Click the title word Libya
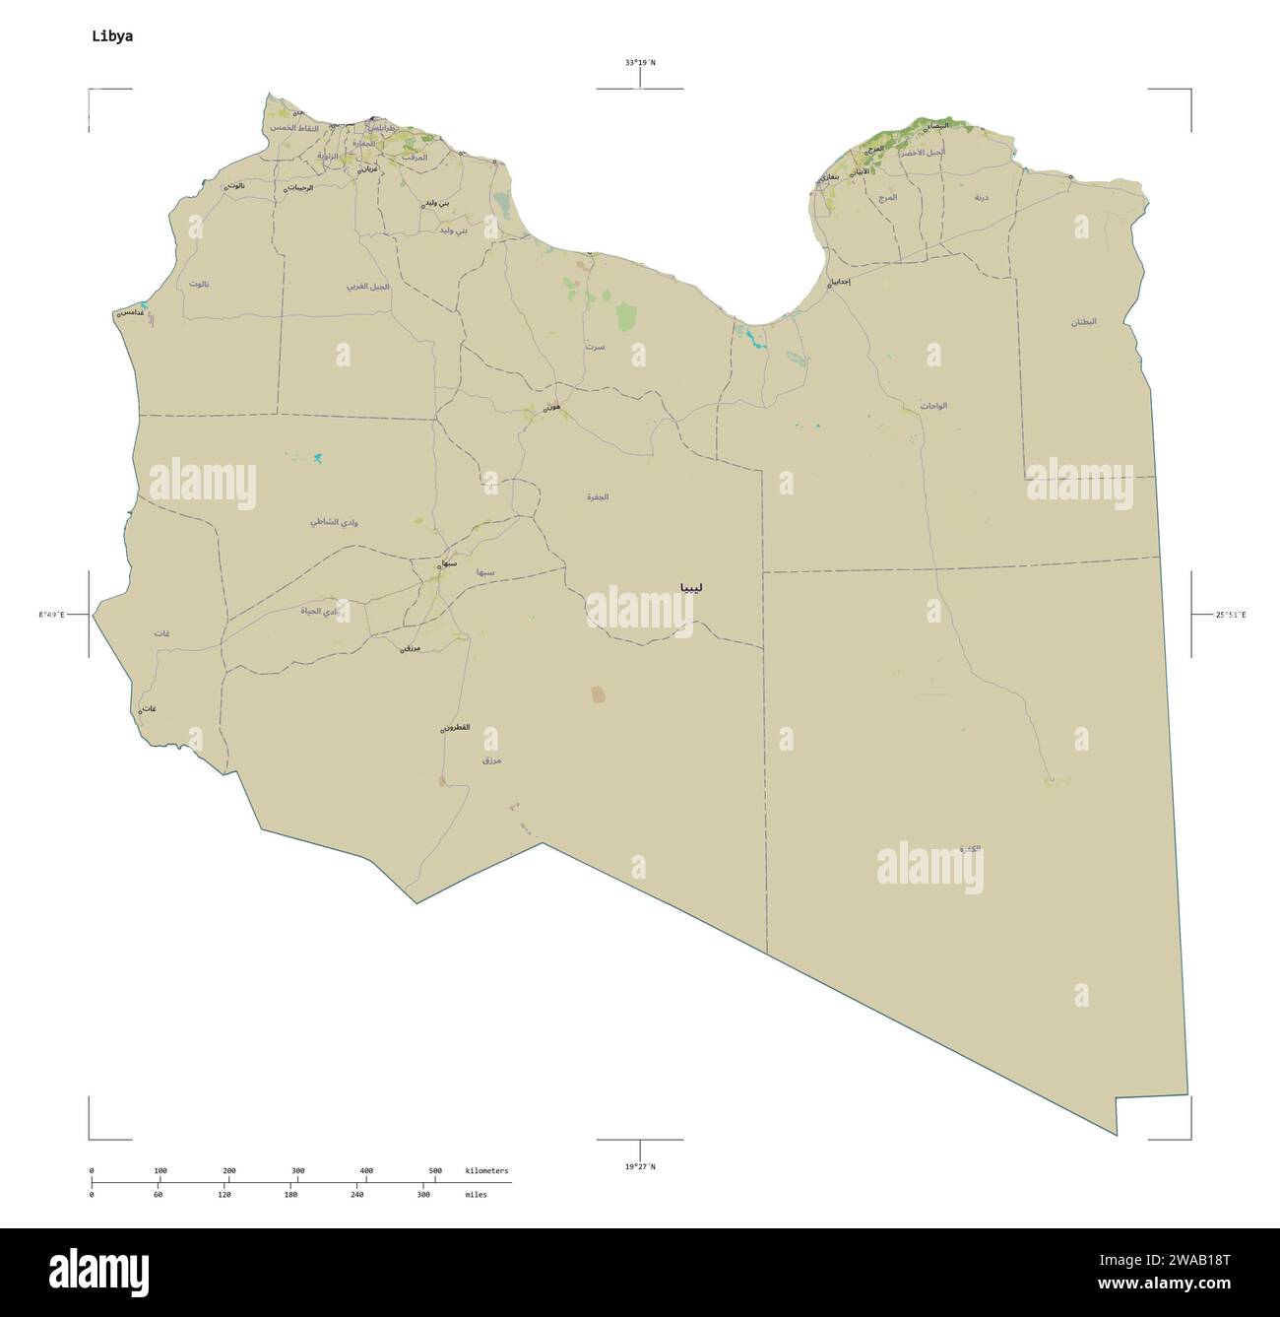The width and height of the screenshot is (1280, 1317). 112,36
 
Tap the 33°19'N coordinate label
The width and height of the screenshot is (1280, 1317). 640,63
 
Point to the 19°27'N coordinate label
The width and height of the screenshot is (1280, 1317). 640,1167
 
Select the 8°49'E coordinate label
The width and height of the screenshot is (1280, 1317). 52,615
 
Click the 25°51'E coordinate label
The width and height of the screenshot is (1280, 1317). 1231,615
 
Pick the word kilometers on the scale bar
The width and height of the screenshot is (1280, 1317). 486,1170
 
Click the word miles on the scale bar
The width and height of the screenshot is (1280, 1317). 476,1194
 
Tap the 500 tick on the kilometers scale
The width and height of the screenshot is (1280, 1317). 435,1170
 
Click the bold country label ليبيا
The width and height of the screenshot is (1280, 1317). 690,587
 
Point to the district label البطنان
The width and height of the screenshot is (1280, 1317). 1084,322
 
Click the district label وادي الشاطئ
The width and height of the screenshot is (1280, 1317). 334,521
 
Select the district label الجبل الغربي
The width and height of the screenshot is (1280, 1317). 367,287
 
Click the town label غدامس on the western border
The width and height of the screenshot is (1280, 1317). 128,312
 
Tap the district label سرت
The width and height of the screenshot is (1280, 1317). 594,347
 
